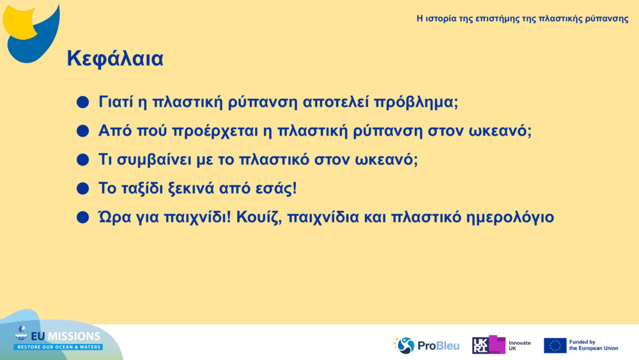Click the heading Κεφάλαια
[x=115, y=59]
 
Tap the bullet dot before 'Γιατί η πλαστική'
[x=82, y=102]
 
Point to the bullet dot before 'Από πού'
[x=82, y=131]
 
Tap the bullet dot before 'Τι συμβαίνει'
[x=82, y=160]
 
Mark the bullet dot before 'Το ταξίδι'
[x=82, y=189]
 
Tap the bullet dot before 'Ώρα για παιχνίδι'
[x=82, y=217]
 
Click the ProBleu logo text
[x=438, y=346]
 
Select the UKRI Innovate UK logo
[x=501, y=345]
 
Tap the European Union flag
[x=555, y=345]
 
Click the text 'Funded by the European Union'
[x=593, y=345]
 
